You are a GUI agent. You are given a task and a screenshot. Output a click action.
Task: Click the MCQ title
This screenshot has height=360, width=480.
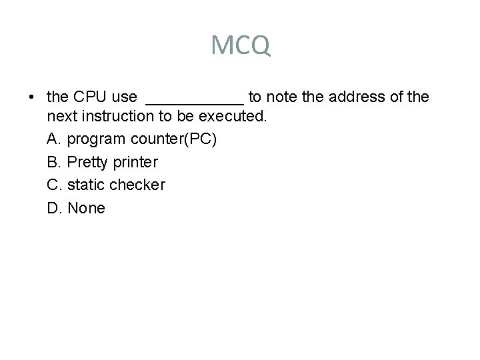pyautogui.click(x=240, y=45)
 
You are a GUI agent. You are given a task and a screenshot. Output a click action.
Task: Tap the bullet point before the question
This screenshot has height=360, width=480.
pyautogui.click(x=32, y=97)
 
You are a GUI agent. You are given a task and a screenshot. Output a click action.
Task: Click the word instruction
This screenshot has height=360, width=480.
pyautogui.click(x=111, y=116)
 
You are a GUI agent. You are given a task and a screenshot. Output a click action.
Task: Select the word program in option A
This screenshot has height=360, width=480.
pyautogui.click(x=96, y=140)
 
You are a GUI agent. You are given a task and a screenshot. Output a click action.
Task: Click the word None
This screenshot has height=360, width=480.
pyautogui.click(x=87, y=207)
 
